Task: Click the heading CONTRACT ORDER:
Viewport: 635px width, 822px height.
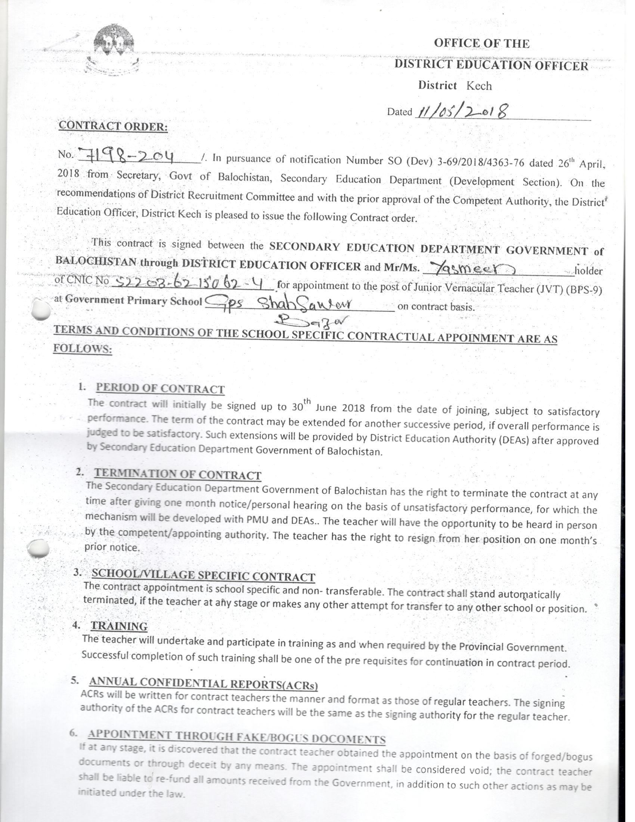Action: [113, 126]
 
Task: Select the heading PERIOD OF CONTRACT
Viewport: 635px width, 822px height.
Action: [160, 389]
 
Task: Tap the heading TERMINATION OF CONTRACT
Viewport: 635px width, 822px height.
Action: [177, 474]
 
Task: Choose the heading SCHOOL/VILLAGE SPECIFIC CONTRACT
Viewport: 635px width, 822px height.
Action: [203, 575]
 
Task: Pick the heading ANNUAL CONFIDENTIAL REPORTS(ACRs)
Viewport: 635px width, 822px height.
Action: [204, 683]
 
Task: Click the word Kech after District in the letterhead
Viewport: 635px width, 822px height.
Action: [479, 86]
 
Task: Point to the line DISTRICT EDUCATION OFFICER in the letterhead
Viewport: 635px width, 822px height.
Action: [491, 65]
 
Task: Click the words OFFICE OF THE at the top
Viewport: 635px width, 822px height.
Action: [481, 43]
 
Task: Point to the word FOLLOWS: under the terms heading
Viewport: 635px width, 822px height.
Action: [83, 349]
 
